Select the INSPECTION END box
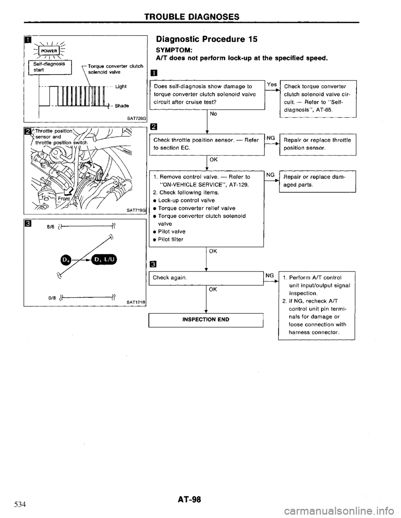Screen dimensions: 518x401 pyautogui.click(x=206, y=320)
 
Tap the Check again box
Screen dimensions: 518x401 pyautogui.click(x=206, y=277)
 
